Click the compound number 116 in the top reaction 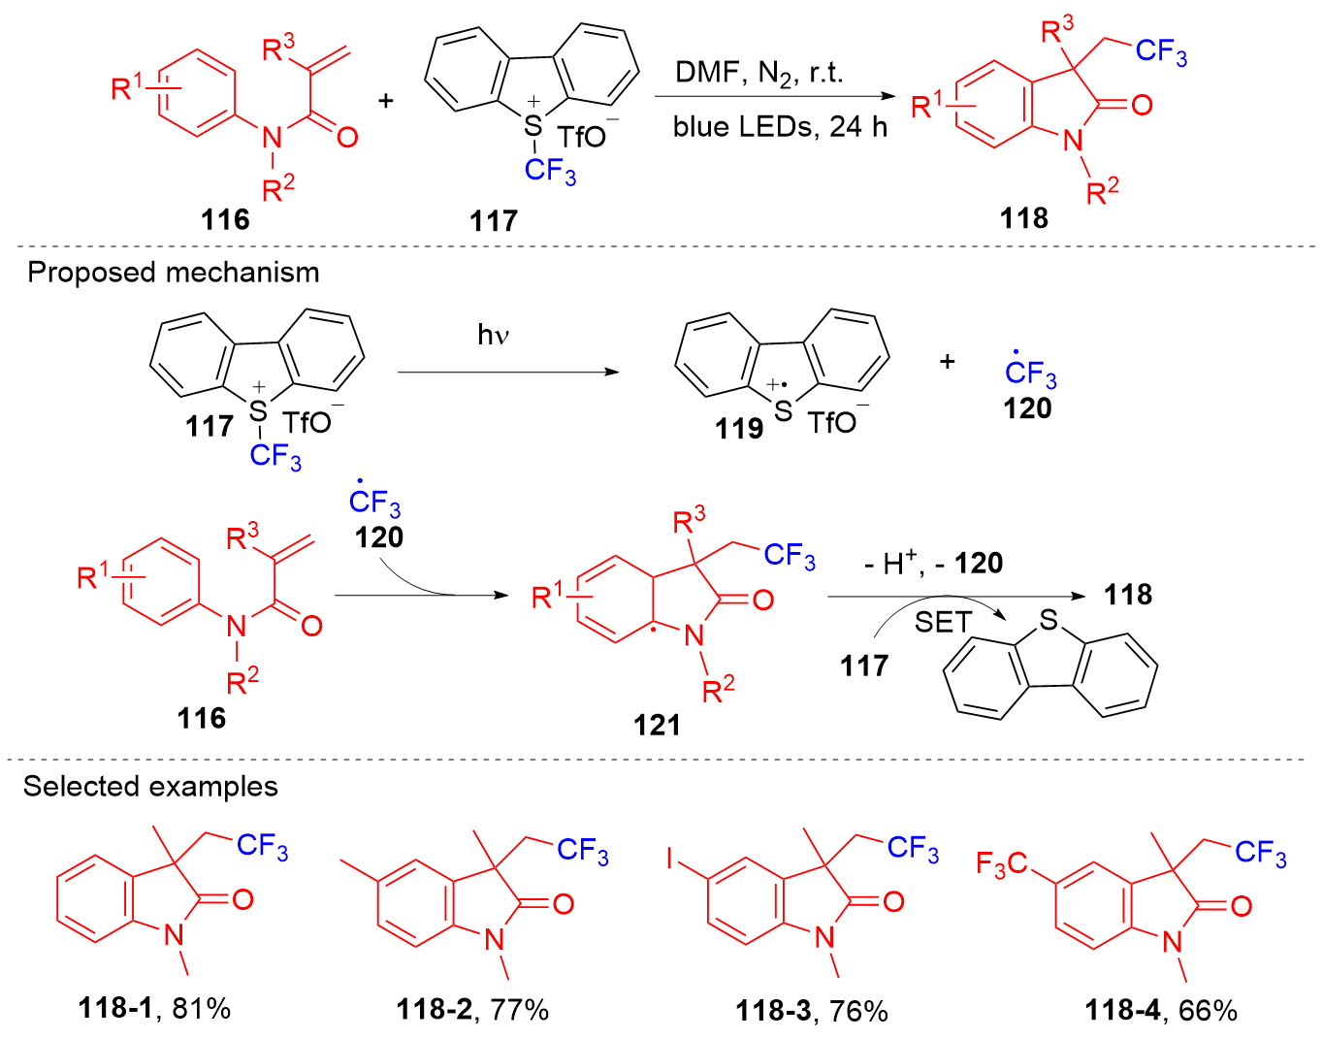point(225,219)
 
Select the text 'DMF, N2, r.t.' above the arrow point(759,73)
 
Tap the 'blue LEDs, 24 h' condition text point(780,127)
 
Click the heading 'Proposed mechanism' point(174,273)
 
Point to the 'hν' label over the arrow point(494,336)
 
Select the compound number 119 point(739,428)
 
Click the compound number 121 point(657,725)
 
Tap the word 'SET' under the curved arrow point(943,622)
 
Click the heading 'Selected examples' point(150,786)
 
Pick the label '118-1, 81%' point(155,1009)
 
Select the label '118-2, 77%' point(472,1010)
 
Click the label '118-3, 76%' point(812,1011)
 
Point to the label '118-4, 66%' point(1161,1011)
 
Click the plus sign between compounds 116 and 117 point(386,101)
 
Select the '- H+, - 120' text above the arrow point(933,563)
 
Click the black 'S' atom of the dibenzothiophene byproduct point(1048,621)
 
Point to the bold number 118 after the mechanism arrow point(1128,595)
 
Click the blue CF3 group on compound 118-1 point(262,847)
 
